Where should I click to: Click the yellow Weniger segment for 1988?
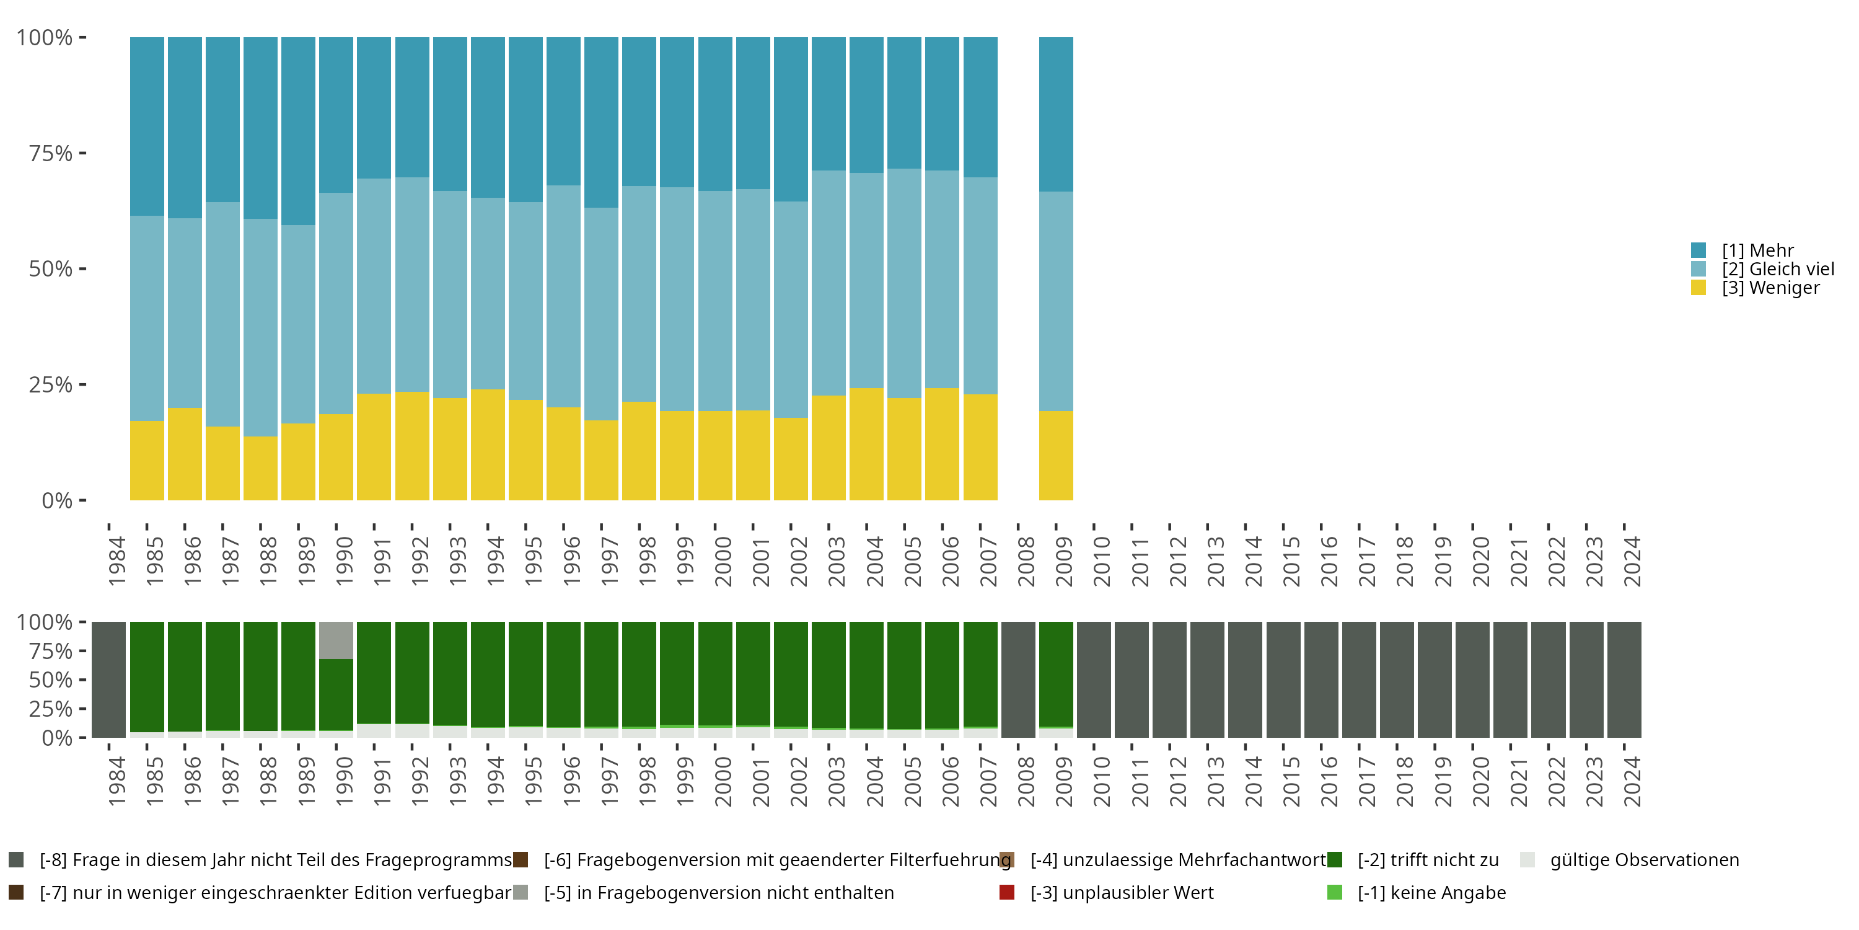pyautogui.click(x=260, y=468)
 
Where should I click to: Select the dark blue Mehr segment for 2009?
pyautogui.click(x=1056, y=114)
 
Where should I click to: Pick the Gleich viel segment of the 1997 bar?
pyautogui.click(x=601, y=314)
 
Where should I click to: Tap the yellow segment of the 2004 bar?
pyautogui.click(x=866, y=444)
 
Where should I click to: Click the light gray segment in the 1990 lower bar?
pyautogui.click(x=336, y=640)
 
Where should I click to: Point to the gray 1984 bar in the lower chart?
pyautogui.click(x=109, y=680)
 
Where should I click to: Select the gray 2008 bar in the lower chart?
pyautogui.click(x=1017, y=680)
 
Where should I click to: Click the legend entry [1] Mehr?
pyautogui.click(x=1757, y=250)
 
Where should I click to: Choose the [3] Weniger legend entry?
pyautogui.click(x=1770, y=288)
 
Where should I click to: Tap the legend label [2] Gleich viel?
pyautogui.click(x=1777, y=269)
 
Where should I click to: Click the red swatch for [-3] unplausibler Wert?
pyautogui.click(x=1007, y=892)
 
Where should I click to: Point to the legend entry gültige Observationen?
pyautogui.click(x=1644, y=860)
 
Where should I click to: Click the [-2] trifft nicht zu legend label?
pyautogui.click(x=1428, y=860)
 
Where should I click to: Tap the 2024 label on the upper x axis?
pyautogui.click(x=1632, y=561)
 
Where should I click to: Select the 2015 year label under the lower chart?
pyautogui.click(x=1291, y=781)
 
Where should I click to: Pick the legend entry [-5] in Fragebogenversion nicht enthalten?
pyautogui.click(x=718, y=892)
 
